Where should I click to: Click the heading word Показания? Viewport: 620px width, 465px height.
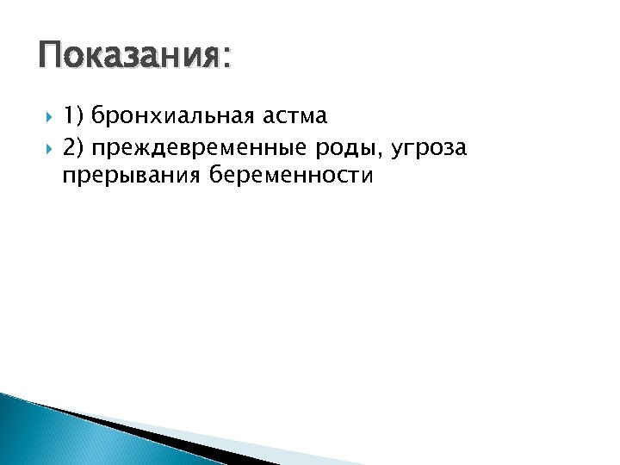pyautogui.click(x=129, y=58)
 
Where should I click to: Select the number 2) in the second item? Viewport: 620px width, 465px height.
pyautogui.click(x=74, y=148)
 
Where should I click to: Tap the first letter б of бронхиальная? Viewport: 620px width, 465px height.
pyautogui.click(x=97, y=114)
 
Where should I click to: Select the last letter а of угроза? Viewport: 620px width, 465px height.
pyautogui.click(x=461, y=151)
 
